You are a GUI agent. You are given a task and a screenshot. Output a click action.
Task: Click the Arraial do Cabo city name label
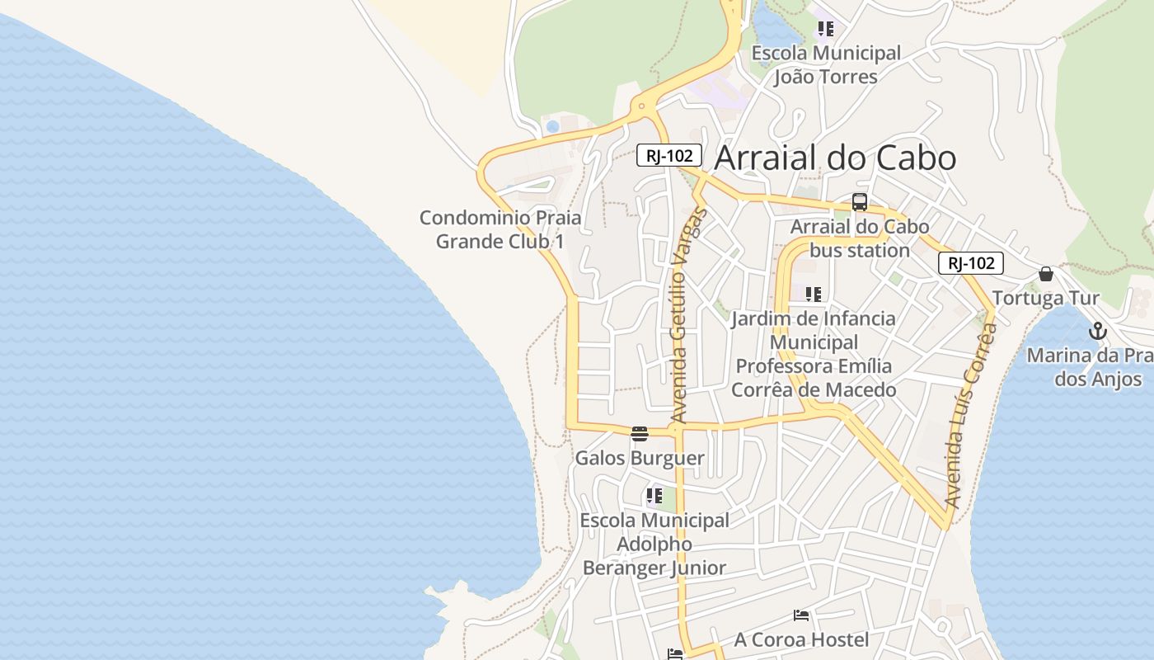pyautogui.click(x=835, y=158)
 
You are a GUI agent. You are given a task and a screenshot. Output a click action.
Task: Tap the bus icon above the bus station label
pyautogui.click(x=860, y=202)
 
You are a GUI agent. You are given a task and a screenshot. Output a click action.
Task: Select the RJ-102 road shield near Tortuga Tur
pyautogui.click(x=970, y=263)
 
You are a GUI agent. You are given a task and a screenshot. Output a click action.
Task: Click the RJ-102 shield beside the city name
pyautogui.click(x=668, y=155)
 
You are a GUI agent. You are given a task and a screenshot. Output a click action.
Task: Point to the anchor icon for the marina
pyautogui.click(x=1097, y=332)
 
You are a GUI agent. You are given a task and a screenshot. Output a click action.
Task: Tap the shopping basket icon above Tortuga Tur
pyautogui.click(x=1046, y=274)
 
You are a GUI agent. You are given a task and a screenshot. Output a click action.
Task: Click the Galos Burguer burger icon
pyautogui.click(x=640, y=434)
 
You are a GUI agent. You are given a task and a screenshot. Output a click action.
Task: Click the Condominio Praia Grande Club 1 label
pyautogui.click(x=500, y=230)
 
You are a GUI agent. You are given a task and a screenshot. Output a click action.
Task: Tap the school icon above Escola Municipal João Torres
pyautogui.click(x=826, y=30)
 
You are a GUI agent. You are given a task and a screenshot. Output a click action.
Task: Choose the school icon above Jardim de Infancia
pyautogui.click(x=814, y=295)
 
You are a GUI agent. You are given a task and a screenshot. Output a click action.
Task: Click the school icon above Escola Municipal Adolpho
pyautogui.click(x=654, y=496)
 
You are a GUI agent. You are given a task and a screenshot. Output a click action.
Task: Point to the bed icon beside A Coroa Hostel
pyautogui.click(x=800, y=615)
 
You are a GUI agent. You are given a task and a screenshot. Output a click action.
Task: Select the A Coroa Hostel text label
pyautogui.click(x=801, y=639)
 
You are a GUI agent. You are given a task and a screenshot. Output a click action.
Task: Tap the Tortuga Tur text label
pyautogui.click(x=1046, y=298)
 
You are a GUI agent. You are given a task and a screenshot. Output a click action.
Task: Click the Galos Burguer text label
pyautogui.click(x=640, y=458)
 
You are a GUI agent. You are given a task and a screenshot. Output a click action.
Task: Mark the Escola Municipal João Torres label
pyautogui.click(x=826, y=65)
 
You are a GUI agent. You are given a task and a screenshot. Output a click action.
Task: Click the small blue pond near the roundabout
pyautogui.click(x=552, y=127)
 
